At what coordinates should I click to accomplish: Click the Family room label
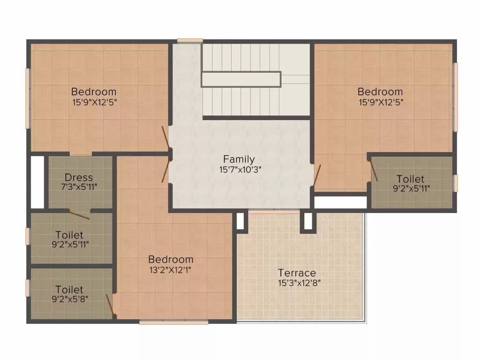point(239,159)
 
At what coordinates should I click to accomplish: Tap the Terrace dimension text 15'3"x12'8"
point(299,283)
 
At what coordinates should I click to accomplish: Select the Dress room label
point(79,178)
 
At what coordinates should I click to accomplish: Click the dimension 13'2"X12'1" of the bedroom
point(171,270)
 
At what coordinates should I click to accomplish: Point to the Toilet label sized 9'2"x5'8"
point(69,290)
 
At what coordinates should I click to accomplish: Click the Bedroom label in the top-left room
point(94,91)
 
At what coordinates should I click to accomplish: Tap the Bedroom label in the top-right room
point(380,91)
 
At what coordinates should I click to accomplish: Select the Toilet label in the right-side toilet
point(410,179)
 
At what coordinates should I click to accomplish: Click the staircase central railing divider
point(241,79)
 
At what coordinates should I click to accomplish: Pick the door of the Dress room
point(79,215)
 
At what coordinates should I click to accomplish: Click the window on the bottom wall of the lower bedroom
point(174,322)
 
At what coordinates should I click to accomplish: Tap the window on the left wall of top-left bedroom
point(28,98)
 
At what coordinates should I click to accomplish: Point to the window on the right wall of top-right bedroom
point(455,97)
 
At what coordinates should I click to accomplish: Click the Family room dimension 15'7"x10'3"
point(239,169)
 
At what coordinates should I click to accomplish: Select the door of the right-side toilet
point(374,171)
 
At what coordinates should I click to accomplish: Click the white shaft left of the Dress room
point(37,182)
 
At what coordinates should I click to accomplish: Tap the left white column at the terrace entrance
point(240,221)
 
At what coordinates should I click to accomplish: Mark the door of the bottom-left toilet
point(110,305)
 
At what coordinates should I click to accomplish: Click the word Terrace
point(297,273)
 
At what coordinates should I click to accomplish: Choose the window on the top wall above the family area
point(190,41)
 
